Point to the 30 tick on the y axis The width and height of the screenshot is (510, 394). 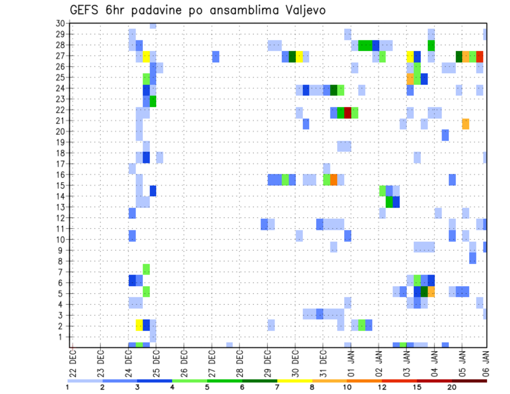tap(60, 23)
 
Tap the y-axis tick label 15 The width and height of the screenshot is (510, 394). tap(60, 185)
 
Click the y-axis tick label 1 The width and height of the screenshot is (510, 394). tap(62, 337)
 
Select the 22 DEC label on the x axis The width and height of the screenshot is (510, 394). tap(73, 361)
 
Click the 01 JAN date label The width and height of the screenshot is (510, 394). tap(351, 361)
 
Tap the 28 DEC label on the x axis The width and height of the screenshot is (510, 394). tap(240, 361)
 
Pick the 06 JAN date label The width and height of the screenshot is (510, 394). tap(485, 361)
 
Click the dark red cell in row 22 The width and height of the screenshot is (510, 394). tap(347, 113)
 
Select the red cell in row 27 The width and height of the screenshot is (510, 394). tap(480, 56)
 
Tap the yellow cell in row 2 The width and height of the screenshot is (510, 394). tap(139, 325)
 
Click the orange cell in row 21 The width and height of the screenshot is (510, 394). tap(465, 124)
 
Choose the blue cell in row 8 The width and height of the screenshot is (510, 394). tap(472, 259)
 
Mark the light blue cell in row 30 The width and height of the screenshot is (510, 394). tap(153, 25)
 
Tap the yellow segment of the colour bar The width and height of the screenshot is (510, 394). tap(295, 381)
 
